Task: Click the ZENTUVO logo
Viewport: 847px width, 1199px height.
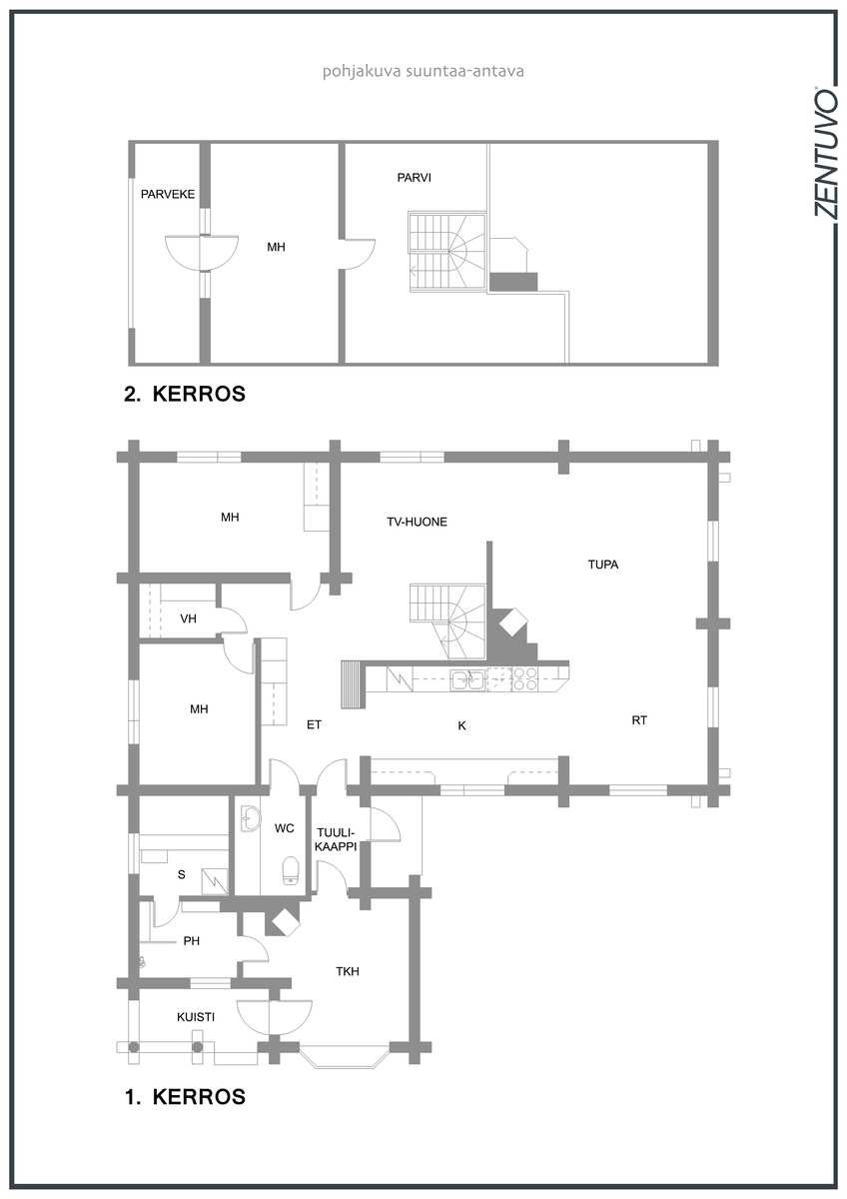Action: [x=825, y=153]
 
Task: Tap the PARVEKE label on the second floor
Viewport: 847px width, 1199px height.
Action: [x=168, y=194]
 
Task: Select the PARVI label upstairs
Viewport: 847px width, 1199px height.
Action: [x=414, y=178]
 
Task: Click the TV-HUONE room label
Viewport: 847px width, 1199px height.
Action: [x=417, y=522]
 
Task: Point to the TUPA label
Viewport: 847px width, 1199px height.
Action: [x=603, y=565]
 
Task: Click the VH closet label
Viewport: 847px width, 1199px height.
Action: [x=189, y=618]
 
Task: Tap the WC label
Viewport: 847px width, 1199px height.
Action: [x=284, y=828]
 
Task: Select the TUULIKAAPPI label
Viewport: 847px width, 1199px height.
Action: [x=336, y=840]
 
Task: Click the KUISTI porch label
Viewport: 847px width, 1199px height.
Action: [x=196, y=1017]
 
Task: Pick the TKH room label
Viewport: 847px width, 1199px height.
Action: [x=348, y=971]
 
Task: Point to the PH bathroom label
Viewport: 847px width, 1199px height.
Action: [x=191, y=941]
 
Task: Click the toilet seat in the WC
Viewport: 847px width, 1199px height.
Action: [x=291, y=870]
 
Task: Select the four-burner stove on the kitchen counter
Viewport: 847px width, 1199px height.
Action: [x=525, y=679]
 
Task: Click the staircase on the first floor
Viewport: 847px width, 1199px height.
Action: [x=448, y=620]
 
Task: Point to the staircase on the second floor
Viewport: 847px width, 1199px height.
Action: [x=447, y=253]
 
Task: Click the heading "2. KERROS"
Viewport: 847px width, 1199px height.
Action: [x=185, y=394]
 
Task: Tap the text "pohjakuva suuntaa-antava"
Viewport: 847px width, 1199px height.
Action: [x=423, y=71]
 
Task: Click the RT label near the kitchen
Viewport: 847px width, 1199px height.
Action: [x=639, y=720]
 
